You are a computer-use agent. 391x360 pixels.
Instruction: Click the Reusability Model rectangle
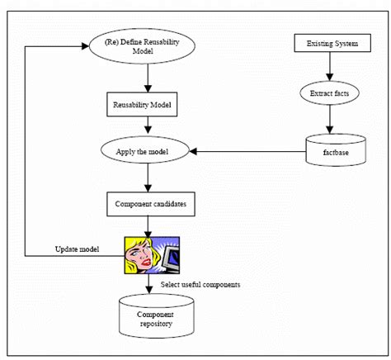click(x=147, y=105)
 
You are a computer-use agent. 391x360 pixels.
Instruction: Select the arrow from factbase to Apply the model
click(x=247, y=152)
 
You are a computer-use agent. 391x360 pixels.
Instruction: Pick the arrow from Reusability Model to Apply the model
click(x=147, y=126)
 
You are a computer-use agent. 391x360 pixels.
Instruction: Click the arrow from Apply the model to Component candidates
click(x=147, y=177)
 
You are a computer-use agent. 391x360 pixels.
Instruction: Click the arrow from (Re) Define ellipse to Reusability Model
click(x=146, y=77)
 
